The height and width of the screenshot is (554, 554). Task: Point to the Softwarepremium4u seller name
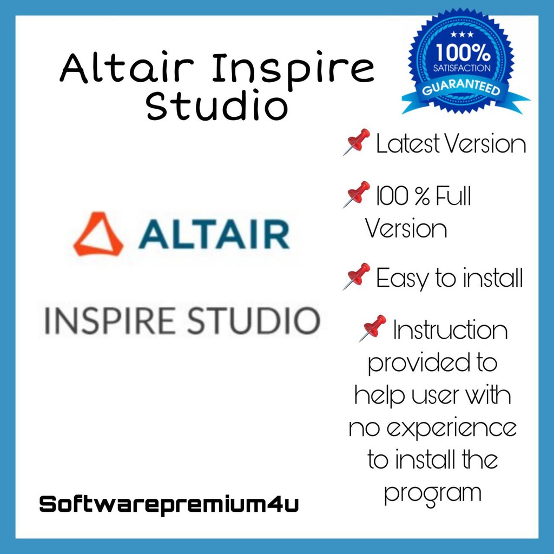pos(169,505)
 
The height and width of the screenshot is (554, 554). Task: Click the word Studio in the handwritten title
pos(216,105)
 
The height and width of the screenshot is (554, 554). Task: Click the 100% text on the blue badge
pos(464,54)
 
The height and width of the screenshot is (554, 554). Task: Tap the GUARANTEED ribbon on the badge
pos(464,88)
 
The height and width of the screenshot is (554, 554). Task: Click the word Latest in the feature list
pos(406,144)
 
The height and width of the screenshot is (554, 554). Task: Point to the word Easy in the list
pos(401,279)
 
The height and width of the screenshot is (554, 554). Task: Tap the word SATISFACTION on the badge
pos(464,69)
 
